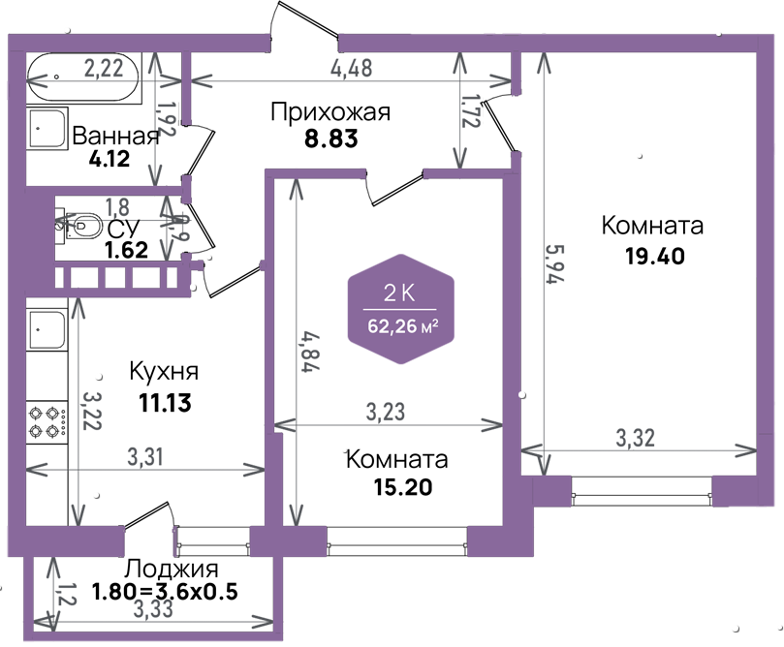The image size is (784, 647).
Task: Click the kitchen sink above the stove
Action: point(47,334)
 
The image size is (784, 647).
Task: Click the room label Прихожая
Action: point(330,112)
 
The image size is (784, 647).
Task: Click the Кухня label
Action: point(164,372)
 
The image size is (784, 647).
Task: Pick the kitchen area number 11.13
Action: point(164,402)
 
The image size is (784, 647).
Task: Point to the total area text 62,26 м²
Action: point(402,326)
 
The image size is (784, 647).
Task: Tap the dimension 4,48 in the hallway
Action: point(352,68)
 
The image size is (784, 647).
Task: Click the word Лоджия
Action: point(172,570)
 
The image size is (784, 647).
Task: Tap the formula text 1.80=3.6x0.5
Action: point(165,591)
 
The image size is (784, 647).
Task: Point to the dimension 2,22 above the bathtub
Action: point(104,68)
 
